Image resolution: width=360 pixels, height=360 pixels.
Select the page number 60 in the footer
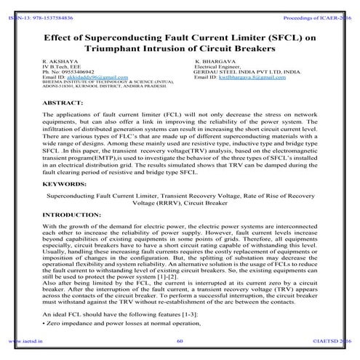(x=179, y=339)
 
